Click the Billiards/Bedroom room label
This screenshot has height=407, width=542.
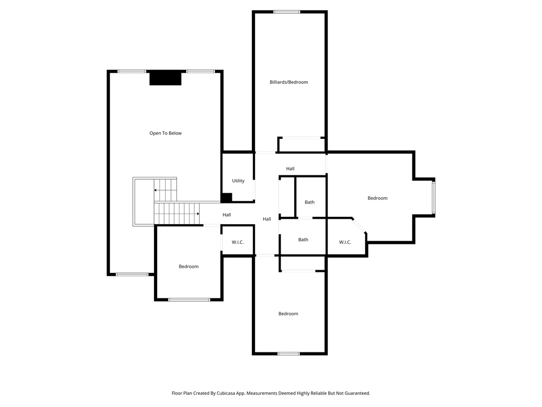tap(288, 82)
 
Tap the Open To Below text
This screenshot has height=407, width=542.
tap(165, 133)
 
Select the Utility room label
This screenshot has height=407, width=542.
tap(238, 181)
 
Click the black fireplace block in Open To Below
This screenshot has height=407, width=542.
tap(165, 78)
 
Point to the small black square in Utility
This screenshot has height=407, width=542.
tap(227, 198)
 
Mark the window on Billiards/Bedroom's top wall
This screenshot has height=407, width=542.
tap(287, 12)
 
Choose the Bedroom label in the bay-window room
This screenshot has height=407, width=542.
tap(377, 198)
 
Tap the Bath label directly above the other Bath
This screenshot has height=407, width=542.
tap(310, 202)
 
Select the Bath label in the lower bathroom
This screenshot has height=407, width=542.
tap(303, 240)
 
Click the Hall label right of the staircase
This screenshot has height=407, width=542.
tap(227, 215)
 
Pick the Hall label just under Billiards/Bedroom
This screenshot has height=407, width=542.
tap(290, 169)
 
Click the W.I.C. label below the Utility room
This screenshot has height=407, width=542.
tap(238, 242)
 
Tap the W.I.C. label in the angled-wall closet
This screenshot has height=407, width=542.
tap(345, 242)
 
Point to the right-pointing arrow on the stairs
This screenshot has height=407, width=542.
tap(197, 214)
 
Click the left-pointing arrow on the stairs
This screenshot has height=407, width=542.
tap(156, 189)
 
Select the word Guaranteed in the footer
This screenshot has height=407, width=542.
tap(357, 393)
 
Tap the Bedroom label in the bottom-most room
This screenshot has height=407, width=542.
tap(288, 314)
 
